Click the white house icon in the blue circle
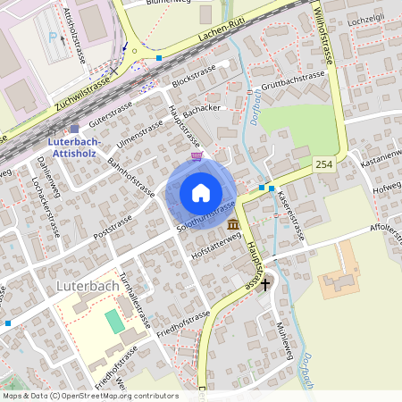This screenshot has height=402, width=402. tap(201, 193)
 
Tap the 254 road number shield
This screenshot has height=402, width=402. tap(322, 165)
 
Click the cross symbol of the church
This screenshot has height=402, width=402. tap(264, 283)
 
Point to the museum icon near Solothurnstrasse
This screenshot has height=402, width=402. tap(232, 224)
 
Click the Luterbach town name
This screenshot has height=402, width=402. tap(88, 286)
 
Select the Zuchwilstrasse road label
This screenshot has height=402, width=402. tap(82, 93)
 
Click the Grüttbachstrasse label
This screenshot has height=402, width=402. tap(293, 78)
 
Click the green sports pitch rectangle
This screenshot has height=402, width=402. tap(114, 322)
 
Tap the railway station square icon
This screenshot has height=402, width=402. tap(74, 129)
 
